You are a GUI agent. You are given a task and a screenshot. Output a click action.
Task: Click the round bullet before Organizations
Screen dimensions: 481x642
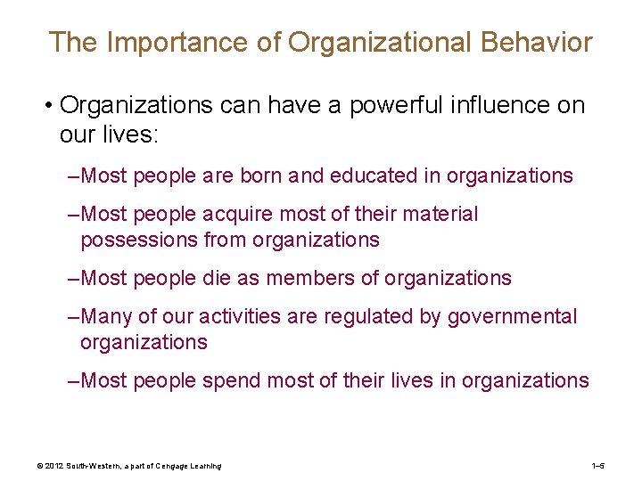pyautogui.click(x=44, y=107)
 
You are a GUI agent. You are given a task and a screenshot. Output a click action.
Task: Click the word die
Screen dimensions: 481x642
pyautogui.click(x=223, y=279)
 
